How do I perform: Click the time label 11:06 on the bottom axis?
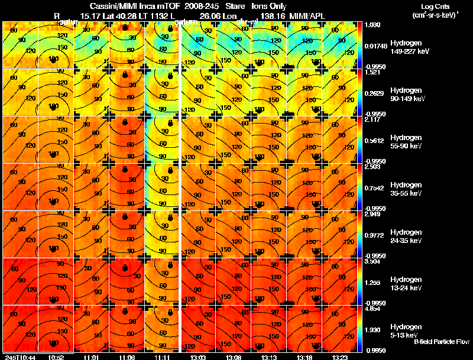click(x=128, y=358)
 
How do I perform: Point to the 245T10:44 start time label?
click(x=19, y=358)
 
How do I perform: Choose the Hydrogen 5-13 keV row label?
click(x=406, y=330)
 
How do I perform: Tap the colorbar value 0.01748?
click(x=376, y=45)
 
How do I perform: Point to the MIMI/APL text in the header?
click(x=307, y=16)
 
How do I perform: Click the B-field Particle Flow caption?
click(x=441, y=342)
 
